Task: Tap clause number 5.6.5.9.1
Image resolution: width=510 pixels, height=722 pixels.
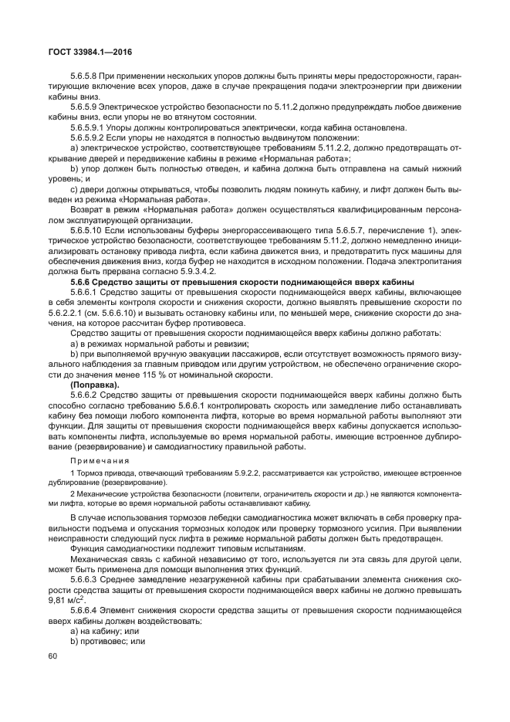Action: (90, 126)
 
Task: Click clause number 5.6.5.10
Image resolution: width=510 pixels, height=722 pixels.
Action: (89, 230)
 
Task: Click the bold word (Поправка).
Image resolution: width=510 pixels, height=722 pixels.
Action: (94, 384)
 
